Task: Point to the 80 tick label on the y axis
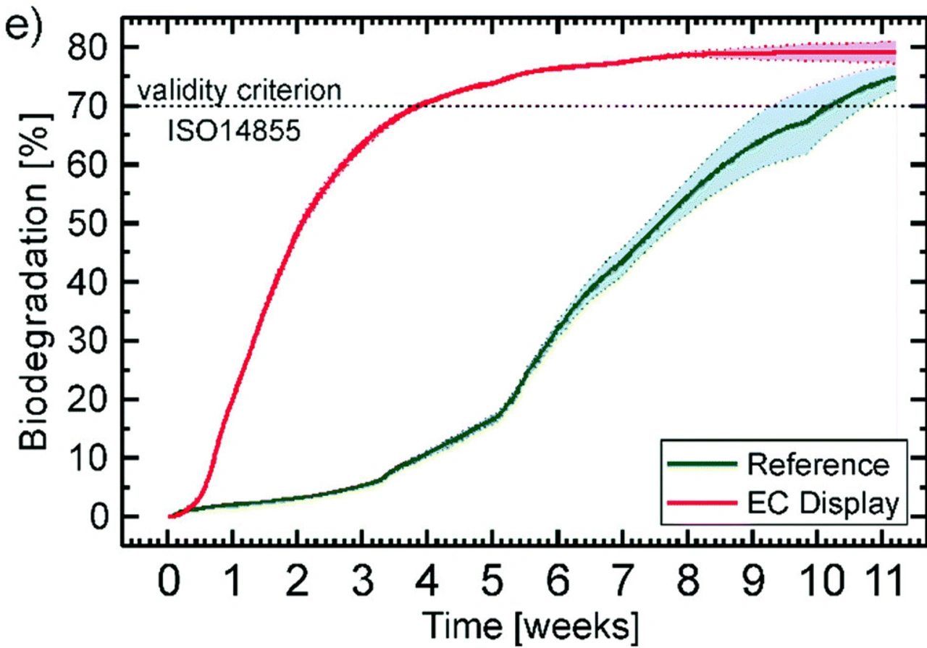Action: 87,48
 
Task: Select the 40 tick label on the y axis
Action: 87,282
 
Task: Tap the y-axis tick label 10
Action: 87,458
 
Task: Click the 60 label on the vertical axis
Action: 87,165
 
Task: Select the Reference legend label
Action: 818,464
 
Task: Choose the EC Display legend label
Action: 823,502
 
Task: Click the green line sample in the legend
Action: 700,464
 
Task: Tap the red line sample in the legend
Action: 700,502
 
